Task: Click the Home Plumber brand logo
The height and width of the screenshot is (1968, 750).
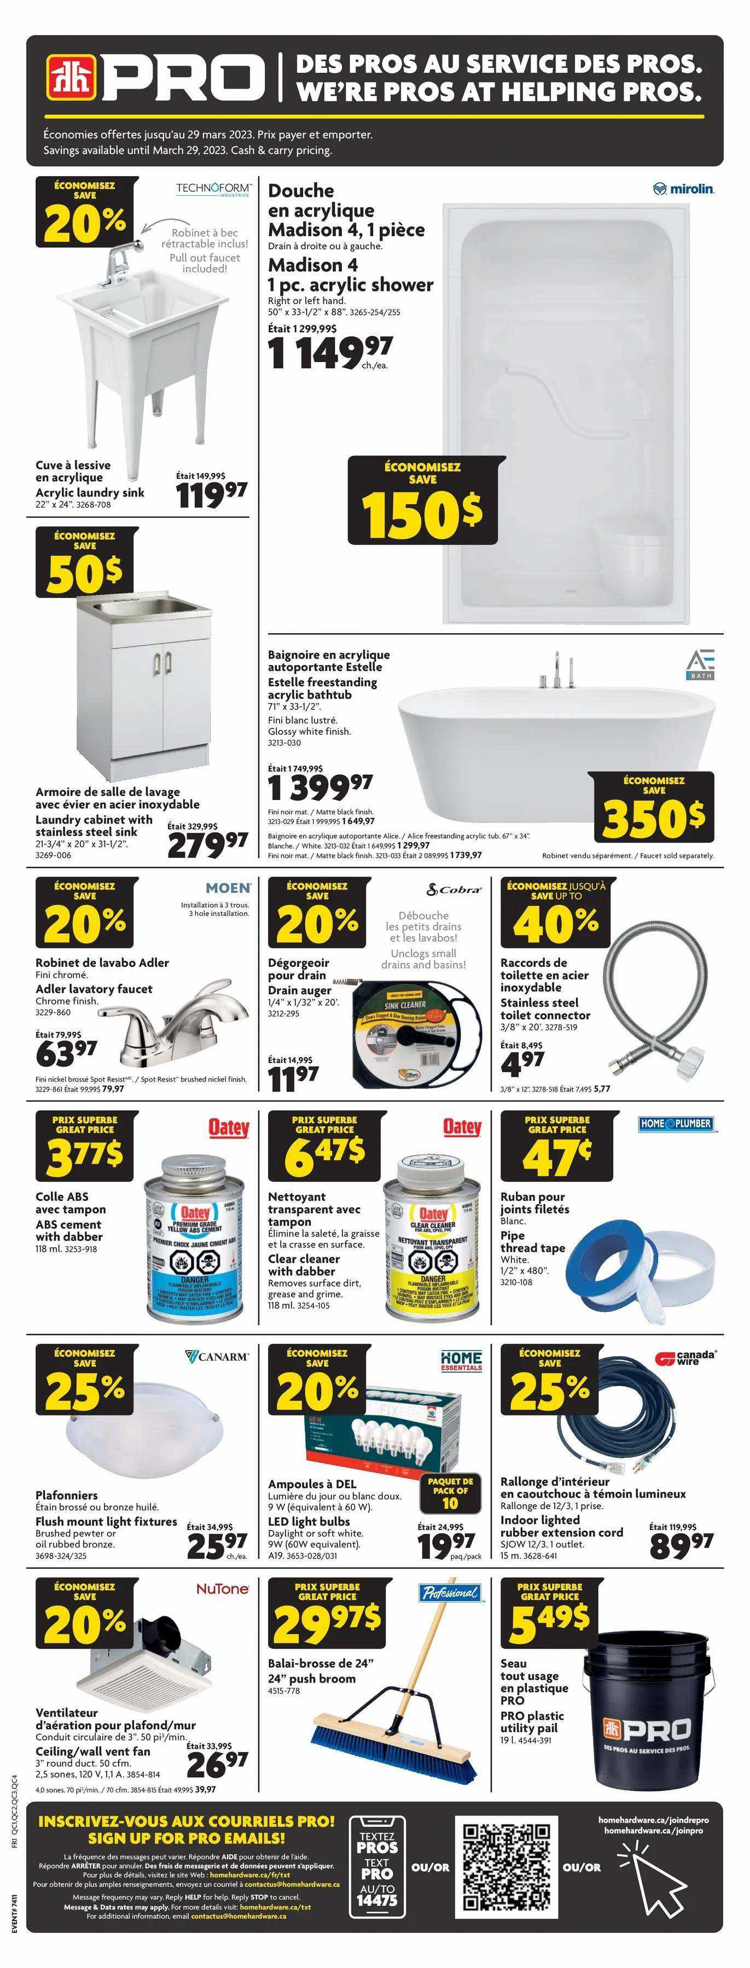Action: [x=676, y=1124]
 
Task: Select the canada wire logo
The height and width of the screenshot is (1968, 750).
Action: [x=686, y=1358]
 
